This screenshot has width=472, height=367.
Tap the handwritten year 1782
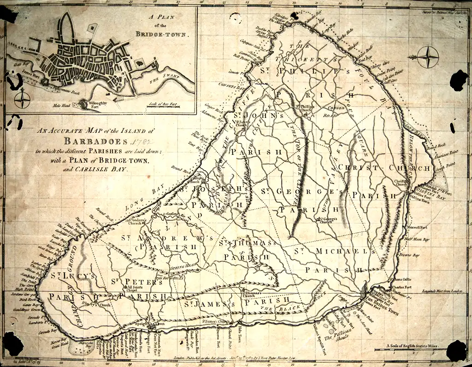pyautogui.click(x=141, y=141)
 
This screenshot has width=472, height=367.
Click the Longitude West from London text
pyautogui.click(x=432, y=291)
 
